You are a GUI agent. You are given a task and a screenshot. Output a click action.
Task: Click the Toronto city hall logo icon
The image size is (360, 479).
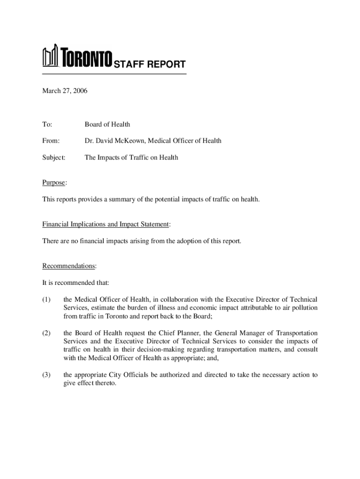[x=50, y=56]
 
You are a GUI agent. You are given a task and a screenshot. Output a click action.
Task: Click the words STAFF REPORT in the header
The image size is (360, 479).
[x=150, y=65]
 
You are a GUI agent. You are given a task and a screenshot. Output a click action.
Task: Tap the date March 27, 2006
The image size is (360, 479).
[x=65, y=91]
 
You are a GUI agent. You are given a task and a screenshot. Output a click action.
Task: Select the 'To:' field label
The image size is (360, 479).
[x=47, y=124]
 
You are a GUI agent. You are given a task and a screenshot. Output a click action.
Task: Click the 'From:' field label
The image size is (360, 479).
[x=51, y=141]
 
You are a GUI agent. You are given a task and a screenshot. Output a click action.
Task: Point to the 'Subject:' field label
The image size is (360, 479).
[x=54, y=158]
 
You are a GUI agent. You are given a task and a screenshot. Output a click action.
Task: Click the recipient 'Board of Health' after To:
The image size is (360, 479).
[x=107, y=124]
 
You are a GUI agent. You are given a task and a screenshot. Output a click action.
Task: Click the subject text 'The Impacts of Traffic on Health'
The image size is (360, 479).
[x=131, y=158]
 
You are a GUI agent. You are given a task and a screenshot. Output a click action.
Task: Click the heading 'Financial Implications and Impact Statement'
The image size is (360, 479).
[x=105, y=225]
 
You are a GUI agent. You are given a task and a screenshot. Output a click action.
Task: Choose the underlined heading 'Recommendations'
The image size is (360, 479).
[x=69, y=266]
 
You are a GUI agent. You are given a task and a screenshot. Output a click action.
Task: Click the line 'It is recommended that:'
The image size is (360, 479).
[x=75, y=283]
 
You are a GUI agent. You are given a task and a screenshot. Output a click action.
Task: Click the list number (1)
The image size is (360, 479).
[x=48, y=299]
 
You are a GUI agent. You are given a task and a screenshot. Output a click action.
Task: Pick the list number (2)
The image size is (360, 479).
[x=48, y=333]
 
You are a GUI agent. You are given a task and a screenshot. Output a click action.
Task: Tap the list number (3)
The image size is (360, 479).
[x=48, y=375]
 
